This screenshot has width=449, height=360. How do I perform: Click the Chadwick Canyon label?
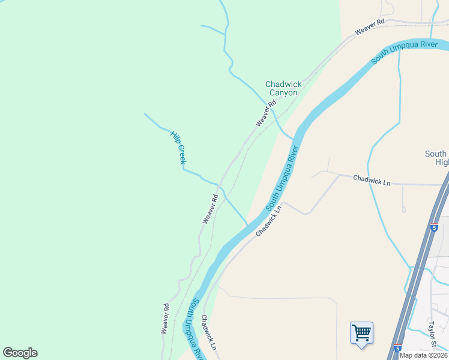(x=283, y=89)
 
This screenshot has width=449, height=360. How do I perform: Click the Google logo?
(x=20, y=353)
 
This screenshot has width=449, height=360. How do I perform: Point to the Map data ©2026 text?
(x=423, y=355)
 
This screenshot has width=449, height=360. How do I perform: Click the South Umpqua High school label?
(x=436, y=158)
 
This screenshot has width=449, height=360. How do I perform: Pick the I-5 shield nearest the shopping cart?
(x=397, y=347)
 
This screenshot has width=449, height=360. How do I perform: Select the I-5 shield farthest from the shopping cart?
(x=434, y=228)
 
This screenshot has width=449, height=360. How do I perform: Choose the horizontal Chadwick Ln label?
(x=372, y=179)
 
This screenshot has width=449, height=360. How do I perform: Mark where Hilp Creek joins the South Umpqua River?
(x=247, y=224)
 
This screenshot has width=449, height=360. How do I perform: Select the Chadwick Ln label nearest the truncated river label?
(x=208, y=333)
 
